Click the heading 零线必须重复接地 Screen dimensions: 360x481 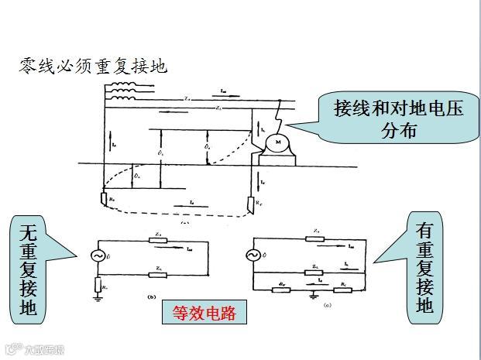[x=93, y=67]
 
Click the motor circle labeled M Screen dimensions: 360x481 [x=277, y=144]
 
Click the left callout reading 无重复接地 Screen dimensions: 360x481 [x=29, y=268]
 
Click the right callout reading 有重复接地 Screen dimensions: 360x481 [x=426, y=268]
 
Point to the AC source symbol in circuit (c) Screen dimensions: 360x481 [x=253, y=255]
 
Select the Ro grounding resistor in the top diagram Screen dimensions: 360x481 [x=104, y=199]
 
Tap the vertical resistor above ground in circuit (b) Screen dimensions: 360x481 [x=98, y=285]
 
